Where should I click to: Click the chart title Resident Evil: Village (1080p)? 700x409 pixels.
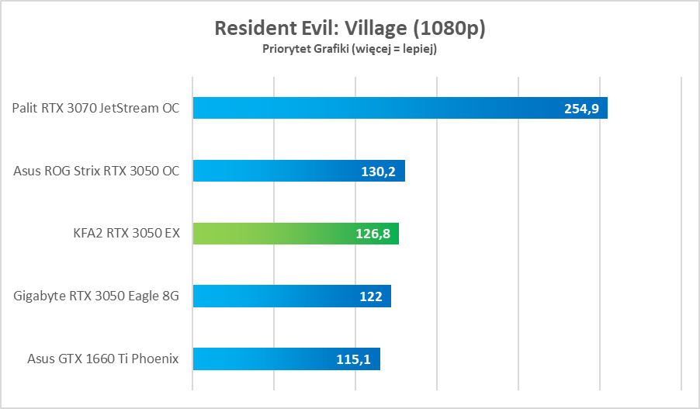[x=349, y=29]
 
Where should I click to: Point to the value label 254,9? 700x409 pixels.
[x=581, y=109]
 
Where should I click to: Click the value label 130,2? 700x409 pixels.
[x=379, y=172]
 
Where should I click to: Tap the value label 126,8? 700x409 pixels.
[x=373, y=234]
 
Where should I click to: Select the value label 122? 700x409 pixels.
[x=371, y=296]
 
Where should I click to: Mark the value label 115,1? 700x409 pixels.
[x=354, y=359]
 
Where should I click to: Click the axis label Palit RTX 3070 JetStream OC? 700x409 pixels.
[x=95, y=108]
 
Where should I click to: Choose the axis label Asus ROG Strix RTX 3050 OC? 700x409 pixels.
[x=96, y=171]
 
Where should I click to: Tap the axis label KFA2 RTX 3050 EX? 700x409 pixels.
[x=124, y=234]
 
